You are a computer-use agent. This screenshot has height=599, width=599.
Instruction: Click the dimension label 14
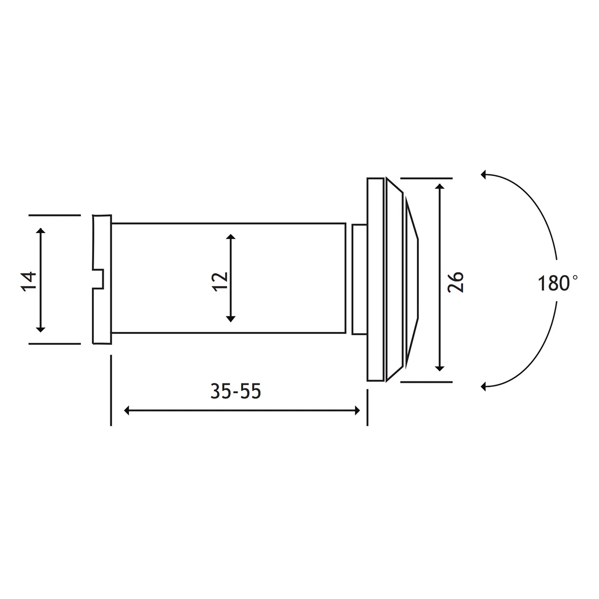[x=28, y=282]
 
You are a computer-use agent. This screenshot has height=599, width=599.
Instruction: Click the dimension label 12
[x=220, y=282]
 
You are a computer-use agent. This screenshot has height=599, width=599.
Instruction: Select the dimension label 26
[x=455, y=282]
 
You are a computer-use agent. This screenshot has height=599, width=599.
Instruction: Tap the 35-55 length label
[x=236, y=391]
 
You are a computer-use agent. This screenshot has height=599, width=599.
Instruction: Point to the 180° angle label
[x=558, y=283]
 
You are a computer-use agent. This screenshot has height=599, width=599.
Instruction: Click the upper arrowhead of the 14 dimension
[x=41, y=231]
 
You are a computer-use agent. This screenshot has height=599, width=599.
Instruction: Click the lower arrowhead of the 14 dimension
[x=41, y=329]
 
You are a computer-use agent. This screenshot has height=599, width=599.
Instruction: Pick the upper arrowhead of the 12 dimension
[x=231, y=237]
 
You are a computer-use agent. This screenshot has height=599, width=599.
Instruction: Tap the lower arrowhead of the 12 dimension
[x=231, y=319]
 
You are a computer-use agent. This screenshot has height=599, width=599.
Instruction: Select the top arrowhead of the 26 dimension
[x=440, y=187]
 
